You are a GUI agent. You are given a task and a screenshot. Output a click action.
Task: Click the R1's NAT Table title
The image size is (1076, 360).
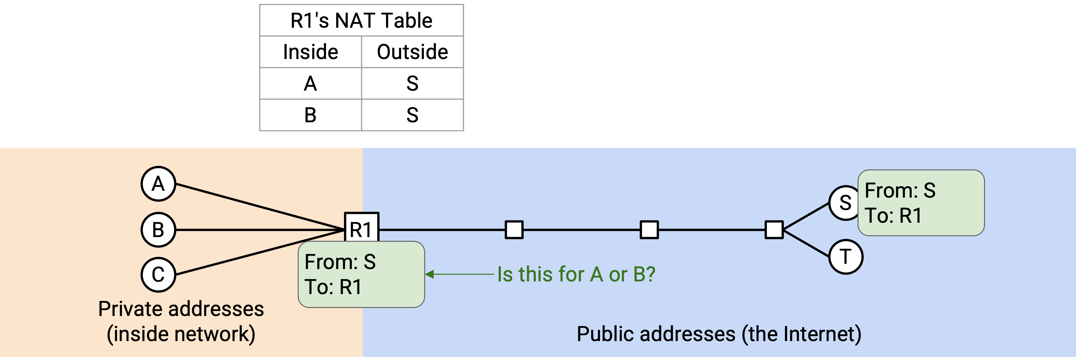361,21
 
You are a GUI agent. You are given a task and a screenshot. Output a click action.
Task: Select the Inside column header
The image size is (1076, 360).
310,52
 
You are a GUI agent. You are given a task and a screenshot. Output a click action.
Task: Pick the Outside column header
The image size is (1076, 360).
412,52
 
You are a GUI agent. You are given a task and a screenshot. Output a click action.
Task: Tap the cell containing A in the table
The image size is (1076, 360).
310,83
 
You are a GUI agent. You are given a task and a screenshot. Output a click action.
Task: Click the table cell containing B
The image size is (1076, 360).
310,115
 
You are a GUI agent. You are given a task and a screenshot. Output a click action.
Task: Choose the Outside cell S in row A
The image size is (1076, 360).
412,83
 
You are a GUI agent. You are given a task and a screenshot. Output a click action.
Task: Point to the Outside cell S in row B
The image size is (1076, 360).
412,115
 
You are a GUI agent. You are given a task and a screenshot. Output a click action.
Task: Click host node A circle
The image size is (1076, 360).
158,184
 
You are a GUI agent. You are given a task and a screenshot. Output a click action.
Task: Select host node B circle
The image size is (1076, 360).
158,230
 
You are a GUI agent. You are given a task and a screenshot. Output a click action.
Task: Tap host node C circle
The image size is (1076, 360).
158,274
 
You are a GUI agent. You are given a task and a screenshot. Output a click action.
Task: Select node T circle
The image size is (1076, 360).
846,256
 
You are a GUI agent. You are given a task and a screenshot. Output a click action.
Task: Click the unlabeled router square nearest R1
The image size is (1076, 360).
514,230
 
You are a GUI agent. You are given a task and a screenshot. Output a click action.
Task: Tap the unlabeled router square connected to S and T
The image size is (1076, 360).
774,230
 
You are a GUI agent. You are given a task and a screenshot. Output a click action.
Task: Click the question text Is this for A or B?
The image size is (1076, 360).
576,274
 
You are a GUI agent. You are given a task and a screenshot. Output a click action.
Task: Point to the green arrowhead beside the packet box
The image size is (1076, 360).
429,274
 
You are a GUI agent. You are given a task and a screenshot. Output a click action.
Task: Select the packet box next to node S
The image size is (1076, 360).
921,203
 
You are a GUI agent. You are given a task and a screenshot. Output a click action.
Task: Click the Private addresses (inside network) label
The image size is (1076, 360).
181,321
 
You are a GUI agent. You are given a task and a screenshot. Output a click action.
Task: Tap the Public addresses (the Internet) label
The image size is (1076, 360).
719,334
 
